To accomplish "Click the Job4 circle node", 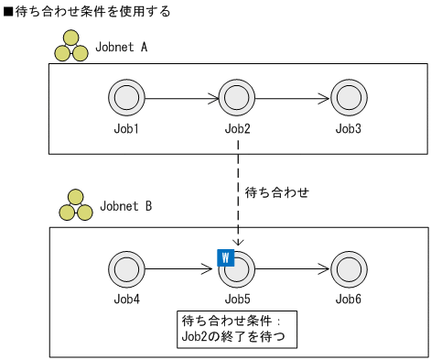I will tap(124, 269).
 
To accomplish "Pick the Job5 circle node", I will tap(237, 269).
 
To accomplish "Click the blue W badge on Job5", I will tap(224, 257).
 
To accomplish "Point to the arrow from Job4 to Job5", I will tap(180, 269).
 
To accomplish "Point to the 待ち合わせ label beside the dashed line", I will tap(277, 192).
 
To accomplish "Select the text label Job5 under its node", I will tap(237, 300).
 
